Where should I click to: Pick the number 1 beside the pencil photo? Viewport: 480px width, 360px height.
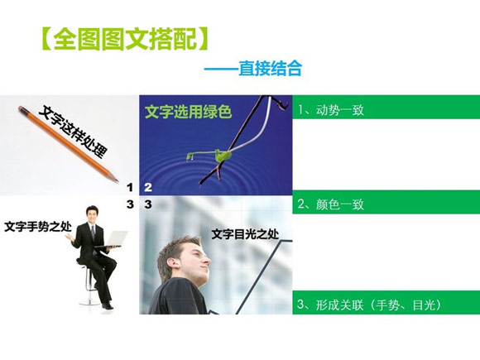coord(129,188)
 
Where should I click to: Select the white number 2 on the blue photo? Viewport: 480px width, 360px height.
coord(148,188)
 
